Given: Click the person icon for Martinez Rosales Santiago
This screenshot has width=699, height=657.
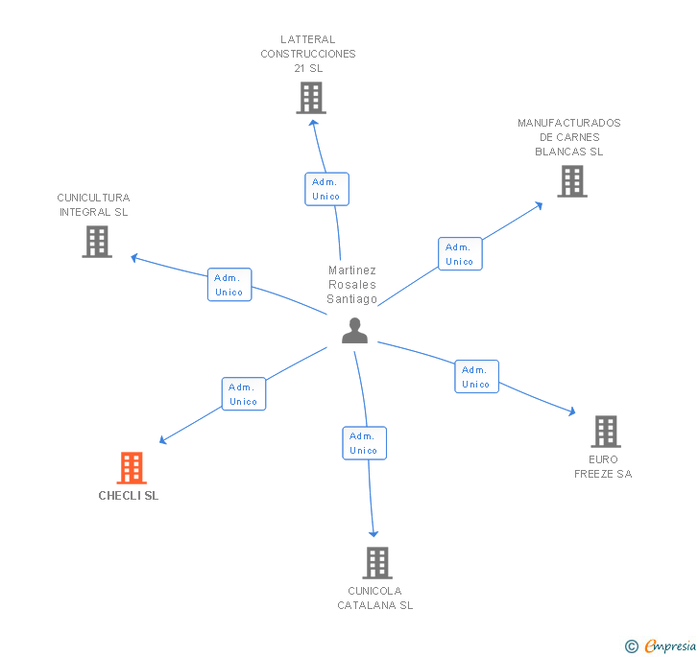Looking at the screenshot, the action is tap(354, 330).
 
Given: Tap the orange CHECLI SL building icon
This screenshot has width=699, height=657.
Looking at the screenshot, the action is tap(132, 468).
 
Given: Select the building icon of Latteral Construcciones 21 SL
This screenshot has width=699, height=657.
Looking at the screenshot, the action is tap(310, 98).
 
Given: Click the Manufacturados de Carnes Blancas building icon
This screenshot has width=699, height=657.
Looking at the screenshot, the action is tap(571, 181).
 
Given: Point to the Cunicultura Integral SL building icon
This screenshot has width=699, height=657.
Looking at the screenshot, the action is tap(97, 242).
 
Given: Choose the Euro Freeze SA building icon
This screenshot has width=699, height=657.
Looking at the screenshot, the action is tap(605, 432).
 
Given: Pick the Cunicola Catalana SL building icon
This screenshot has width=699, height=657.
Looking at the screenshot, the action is tap(377, 562).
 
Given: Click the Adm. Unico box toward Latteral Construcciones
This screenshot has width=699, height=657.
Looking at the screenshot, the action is tap(326, 189).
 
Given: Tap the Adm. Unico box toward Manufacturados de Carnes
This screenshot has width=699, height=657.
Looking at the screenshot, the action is tap(460, 254).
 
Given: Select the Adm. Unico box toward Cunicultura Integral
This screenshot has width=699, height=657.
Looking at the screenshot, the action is tap(229, 285).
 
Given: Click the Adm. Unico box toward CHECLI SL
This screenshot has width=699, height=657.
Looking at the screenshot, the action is tap(244, 394).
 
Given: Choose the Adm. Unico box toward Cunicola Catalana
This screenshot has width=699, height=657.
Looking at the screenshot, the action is tap(364, 443).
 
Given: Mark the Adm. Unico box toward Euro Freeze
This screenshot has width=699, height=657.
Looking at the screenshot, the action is tap(476, 377).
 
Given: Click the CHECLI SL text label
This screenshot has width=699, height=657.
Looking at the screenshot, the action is tap(129, 496).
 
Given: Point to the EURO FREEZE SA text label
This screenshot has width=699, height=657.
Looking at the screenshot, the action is tap(603, 466).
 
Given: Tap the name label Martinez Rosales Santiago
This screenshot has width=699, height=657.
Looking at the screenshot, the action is tap(352, 285).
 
